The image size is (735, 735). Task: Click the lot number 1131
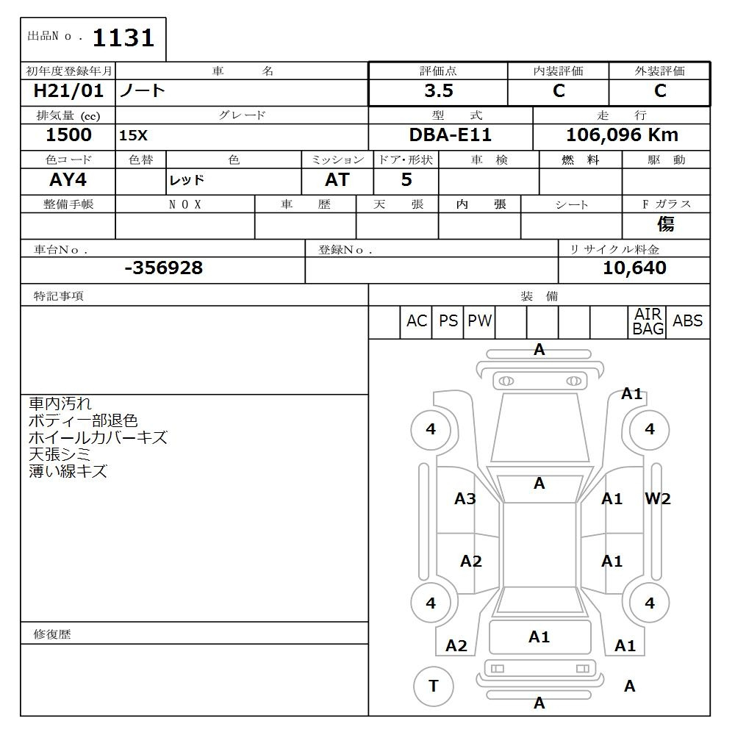[123, 37]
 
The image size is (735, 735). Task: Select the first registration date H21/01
[68, 91]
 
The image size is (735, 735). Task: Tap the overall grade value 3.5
[439, 91]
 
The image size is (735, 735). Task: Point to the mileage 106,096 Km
[622, 135]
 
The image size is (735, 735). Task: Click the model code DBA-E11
[451, 135]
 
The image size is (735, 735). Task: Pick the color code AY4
[68, 180]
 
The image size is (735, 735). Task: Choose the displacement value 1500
[68, 135]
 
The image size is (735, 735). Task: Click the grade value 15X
[133, 136]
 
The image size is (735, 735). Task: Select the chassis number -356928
[163, 268]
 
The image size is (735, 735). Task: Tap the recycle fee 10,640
[634, 268]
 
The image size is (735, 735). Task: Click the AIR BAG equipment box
[648, 322]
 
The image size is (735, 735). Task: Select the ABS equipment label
[688, 321]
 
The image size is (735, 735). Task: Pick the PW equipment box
[479, 321]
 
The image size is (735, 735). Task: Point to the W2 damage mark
[658, 499]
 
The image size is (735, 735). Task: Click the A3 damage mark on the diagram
[465, 499]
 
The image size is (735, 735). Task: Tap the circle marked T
[434, 686]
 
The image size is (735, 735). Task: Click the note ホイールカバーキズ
[98, 438]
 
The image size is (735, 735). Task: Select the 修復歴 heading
[52, 634]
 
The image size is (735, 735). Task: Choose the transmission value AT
[337, 180]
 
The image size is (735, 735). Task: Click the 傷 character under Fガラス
[666, 224]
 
